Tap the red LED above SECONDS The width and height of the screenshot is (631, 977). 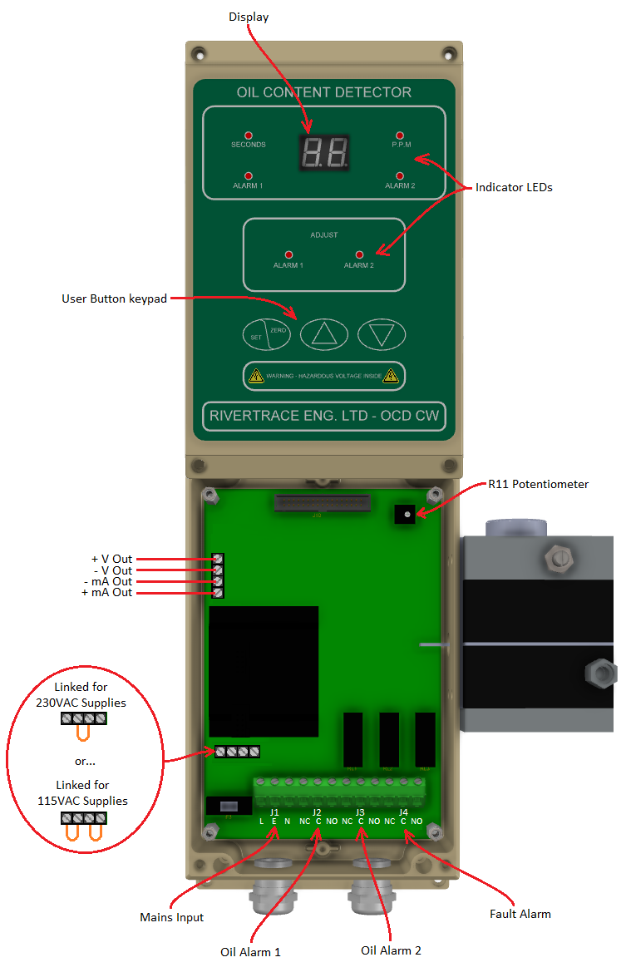(x=248, y=135)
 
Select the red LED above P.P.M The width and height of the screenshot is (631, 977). (x=400, y=135)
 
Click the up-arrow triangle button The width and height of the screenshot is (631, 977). (x=323, y=333)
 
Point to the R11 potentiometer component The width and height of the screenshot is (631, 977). (x=406, y=516)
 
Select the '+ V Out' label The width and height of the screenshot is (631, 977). (x=111, y=559)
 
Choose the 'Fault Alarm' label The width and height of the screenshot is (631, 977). (x=520, y=914)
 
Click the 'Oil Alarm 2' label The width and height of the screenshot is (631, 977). (x=391, y=950)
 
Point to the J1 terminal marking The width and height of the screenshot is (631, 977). (x=274, y=812)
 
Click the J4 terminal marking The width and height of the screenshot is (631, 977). (x=403, y=812)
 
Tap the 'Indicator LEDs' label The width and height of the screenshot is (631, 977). (x=514, y=188)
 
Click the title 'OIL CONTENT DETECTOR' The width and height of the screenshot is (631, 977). (x=324, y=92)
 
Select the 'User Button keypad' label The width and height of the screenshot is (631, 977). (x=115, y=299)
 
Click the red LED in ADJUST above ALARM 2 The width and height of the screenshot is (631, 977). (x=359, y=254)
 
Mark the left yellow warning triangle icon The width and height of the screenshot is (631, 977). (x=256, y=376)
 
